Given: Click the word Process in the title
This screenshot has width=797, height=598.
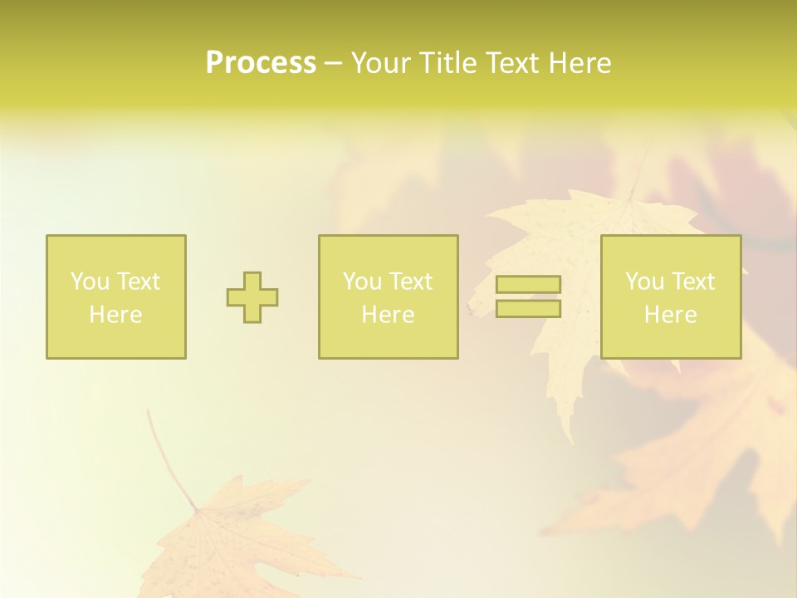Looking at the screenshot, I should (x=261, y=63).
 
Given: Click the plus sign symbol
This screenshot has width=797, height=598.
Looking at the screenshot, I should (x=252, y=297).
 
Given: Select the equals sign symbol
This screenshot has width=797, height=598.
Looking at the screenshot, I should (x=528, y=297).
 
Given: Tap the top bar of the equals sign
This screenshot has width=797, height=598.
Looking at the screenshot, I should (x=528, y=285).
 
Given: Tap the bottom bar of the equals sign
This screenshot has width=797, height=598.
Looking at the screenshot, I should (x=528, y=309).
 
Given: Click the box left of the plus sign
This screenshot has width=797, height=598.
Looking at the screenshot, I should (x=116, y=297).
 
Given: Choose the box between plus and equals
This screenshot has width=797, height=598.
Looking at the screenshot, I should (x=388, y=297).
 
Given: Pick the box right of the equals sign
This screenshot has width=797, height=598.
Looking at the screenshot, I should (x=671, y=297).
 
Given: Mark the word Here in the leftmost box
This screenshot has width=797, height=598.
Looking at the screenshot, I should (x=115, y=315).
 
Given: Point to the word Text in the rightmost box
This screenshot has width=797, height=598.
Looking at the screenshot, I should (x=693, y=282).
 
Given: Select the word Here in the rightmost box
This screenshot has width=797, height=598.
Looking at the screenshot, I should (x=671, y=315).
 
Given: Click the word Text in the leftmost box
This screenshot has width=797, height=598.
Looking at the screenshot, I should (x=139, y=282).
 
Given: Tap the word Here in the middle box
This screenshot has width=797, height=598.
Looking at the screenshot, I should (x=388, y=315).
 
